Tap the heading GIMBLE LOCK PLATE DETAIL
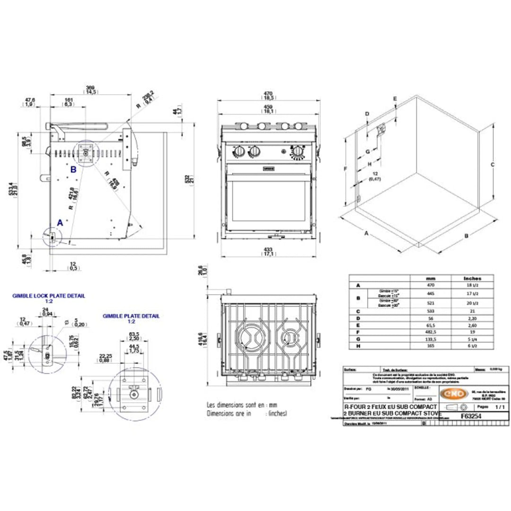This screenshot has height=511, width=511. (49, 296)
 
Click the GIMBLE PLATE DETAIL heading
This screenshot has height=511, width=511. (131, 316)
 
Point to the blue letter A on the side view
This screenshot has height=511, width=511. (60, 221)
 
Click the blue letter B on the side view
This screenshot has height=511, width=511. (73, 168)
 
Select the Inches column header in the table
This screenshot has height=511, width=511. (472, 279)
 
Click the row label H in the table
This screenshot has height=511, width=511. (358, 346)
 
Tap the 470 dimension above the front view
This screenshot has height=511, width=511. (268, 94)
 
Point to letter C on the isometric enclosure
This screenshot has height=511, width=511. (493, 165)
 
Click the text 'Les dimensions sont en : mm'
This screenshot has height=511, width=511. (241, 405)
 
